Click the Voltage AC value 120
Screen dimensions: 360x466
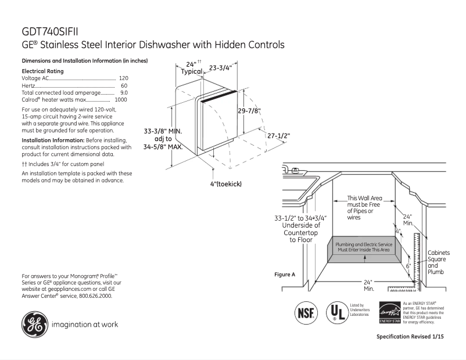123,78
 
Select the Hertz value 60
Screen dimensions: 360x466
124,85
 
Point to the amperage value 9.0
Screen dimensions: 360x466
124,92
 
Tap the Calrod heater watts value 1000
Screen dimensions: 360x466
121,100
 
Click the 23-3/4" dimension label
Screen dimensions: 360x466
220,67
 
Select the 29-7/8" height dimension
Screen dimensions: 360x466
249,110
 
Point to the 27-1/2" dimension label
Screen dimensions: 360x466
279,135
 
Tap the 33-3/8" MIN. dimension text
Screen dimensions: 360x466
163,132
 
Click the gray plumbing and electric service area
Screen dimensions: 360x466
364,248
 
